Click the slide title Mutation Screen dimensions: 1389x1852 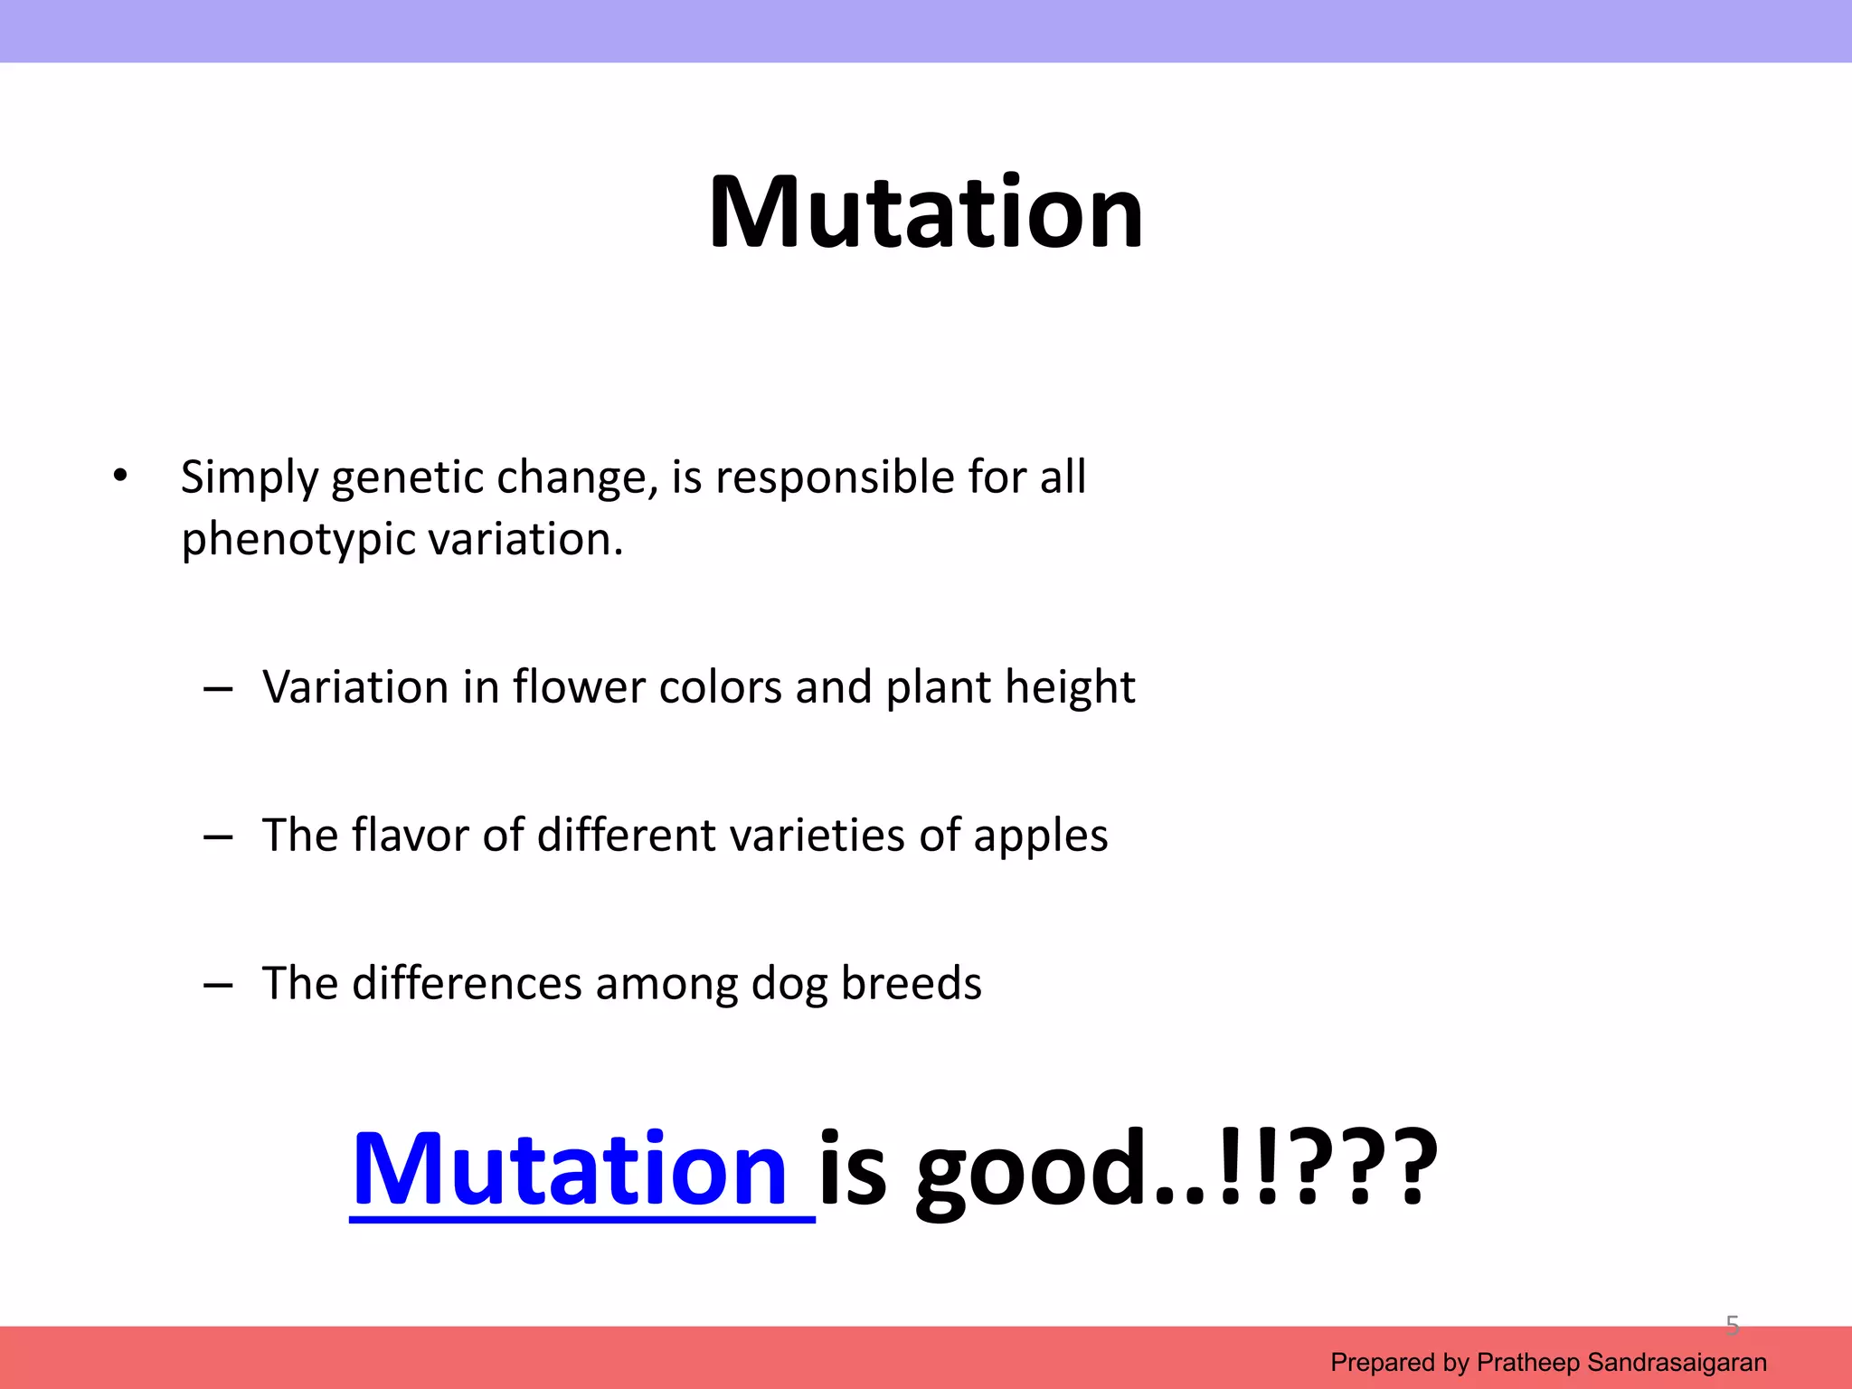tap(926, 213)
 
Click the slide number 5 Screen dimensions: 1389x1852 tap(1732, 1326)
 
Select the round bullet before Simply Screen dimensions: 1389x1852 tap(120, 475)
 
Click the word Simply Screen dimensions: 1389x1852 tap(250, 478)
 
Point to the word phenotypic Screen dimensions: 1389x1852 tap(298, 541)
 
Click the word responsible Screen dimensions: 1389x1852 tap(835, 478)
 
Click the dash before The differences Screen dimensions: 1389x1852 tap(218, 986)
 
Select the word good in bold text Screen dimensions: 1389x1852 tap(1033, 1171)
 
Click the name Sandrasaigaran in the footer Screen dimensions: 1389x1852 tap(1677, 1362)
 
